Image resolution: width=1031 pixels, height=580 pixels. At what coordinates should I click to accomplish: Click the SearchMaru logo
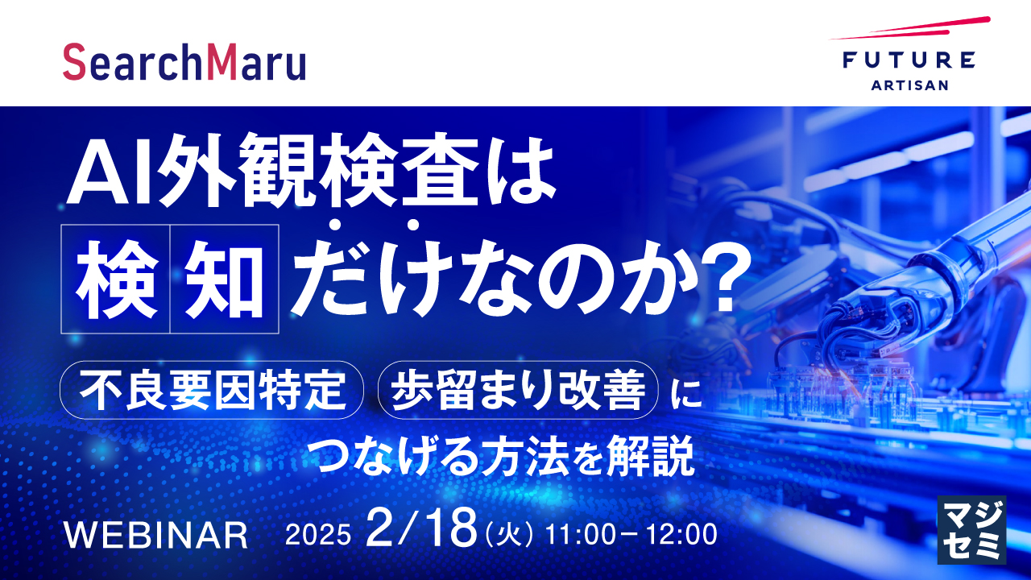[x=184, y=63]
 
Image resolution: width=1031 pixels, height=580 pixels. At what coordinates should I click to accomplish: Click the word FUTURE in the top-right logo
[x=909, y=60]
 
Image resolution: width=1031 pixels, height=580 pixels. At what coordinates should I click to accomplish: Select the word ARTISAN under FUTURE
[x=909, y=85]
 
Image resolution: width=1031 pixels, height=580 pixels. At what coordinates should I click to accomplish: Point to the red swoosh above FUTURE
[x=910, y=29]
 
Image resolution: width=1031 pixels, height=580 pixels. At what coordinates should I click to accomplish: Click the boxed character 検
[x=115, y=280]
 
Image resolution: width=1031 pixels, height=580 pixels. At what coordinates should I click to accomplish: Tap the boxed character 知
[x=225, y=280]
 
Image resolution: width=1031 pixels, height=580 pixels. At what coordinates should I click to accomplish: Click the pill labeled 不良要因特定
[x=212, y=390]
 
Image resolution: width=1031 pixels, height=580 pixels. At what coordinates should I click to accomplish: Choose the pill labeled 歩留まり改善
[x=517, y=390]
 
